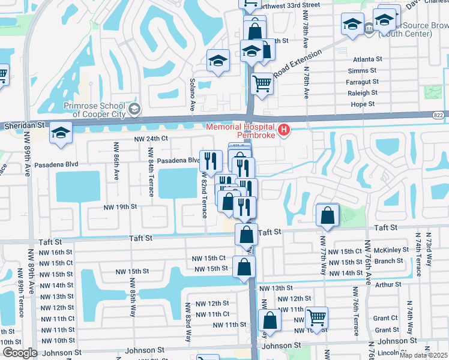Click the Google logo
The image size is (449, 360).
click(x=19, y=353)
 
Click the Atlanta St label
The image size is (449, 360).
click(x=367, y=59)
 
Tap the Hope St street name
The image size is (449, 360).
click(x=363, y=104)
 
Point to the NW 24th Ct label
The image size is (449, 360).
click(x=150, y=139)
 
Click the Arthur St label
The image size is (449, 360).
click(x=389, y=284)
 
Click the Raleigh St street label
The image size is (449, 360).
click(x=363, y=93)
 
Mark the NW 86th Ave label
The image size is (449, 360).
click(x=115, y=161)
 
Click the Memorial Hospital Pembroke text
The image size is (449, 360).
click(x=240, y=131)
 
